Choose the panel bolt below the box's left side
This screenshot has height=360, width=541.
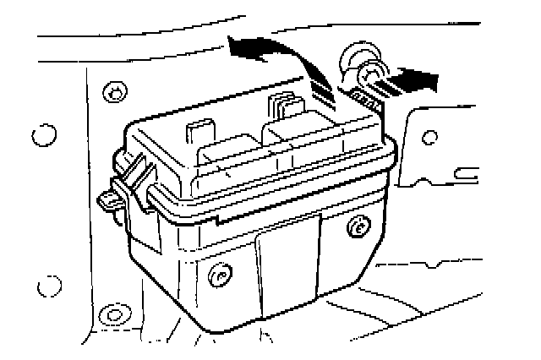pos(111,315)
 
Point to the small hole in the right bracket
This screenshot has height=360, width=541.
pos(429,134)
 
